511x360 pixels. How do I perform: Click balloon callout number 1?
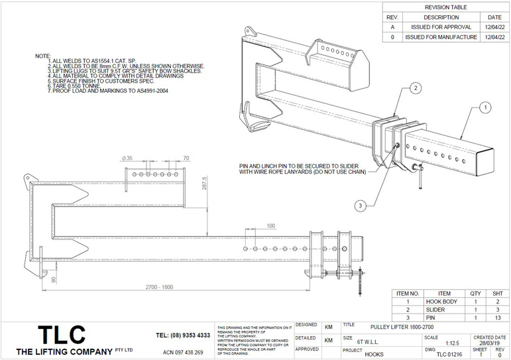click(484, 107)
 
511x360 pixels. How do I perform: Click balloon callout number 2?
click(415, 88)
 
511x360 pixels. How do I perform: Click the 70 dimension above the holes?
click(186, 158)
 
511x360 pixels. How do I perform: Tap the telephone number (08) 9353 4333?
click(183, 335)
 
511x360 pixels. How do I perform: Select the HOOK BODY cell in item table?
click(444, 300)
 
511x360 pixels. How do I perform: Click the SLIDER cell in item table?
click(444, 308)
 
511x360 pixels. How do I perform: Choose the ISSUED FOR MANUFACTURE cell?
click(441, 37)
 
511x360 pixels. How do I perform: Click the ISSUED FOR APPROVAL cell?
click(441, 27)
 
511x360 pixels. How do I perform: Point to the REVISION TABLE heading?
click(445, 7)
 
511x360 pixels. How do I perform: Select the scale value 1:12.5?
click(453, 343)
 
